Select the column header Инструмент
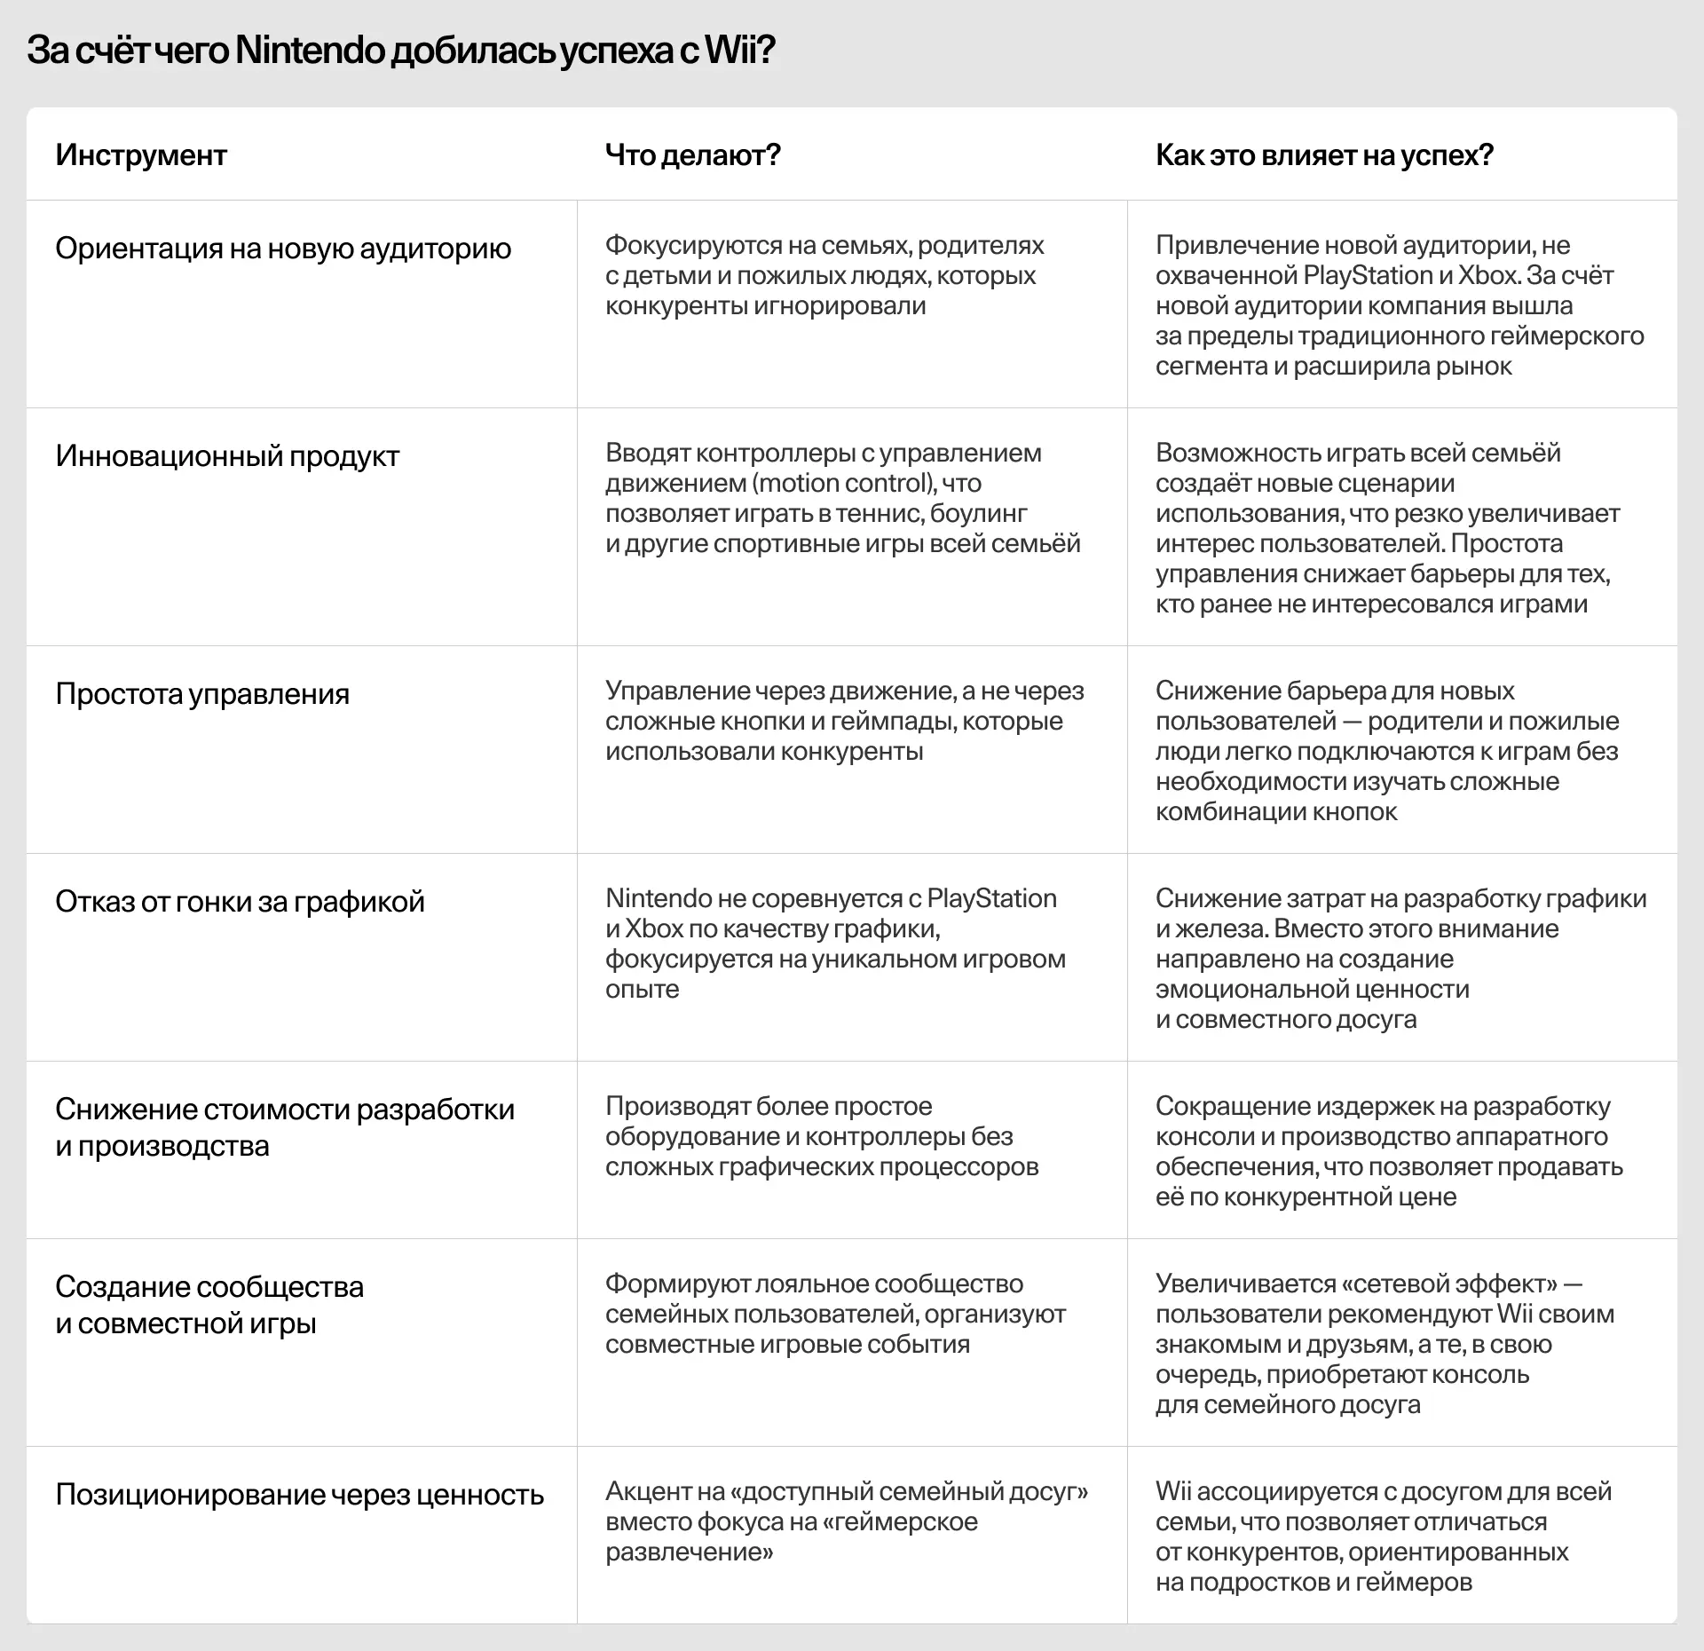pos(141,155)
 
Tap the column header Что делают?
pos(692,155)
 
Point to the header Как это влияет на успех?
pos(1324,155)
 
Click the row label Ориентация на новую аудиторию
pos(283,249)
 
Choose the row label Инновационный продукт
pos(227,456)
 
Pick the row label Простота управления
pos(202,694)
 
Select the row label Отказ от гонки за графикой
pos(240,902)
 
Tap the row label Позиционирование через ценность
pos(299,1495)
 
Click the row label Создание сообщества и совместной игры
pos(209,1305)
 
